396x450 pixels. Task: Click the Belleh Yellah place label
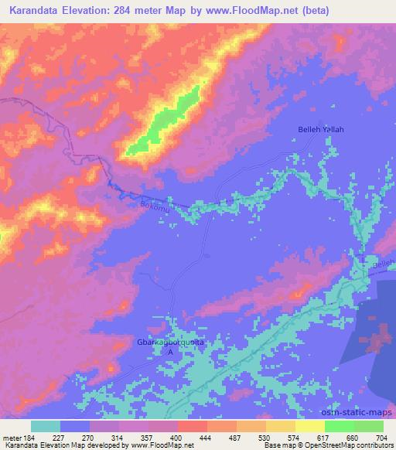click(321, 129)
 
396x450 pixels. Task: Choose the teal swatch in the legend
click(46, 426)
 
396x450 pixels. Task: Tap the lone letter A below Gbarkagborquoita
click(171, 351)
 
